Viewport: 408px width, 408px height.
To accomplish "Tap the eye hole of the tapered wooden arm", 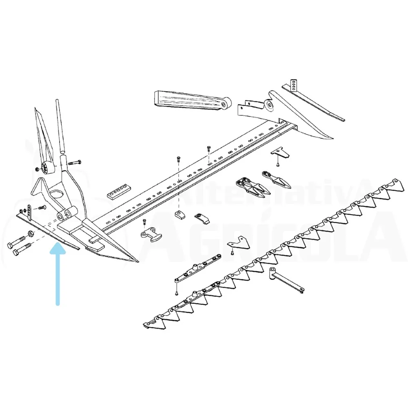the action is coord(224,104).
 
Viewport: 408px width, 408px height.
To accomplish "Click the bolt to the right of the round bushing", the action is coord(75,163).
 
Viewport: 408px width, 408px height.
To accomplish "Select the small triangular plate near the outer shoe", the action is coord(280,153).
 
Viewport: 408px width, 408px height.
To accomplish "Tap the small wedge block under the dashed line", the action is coord(180,215).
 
